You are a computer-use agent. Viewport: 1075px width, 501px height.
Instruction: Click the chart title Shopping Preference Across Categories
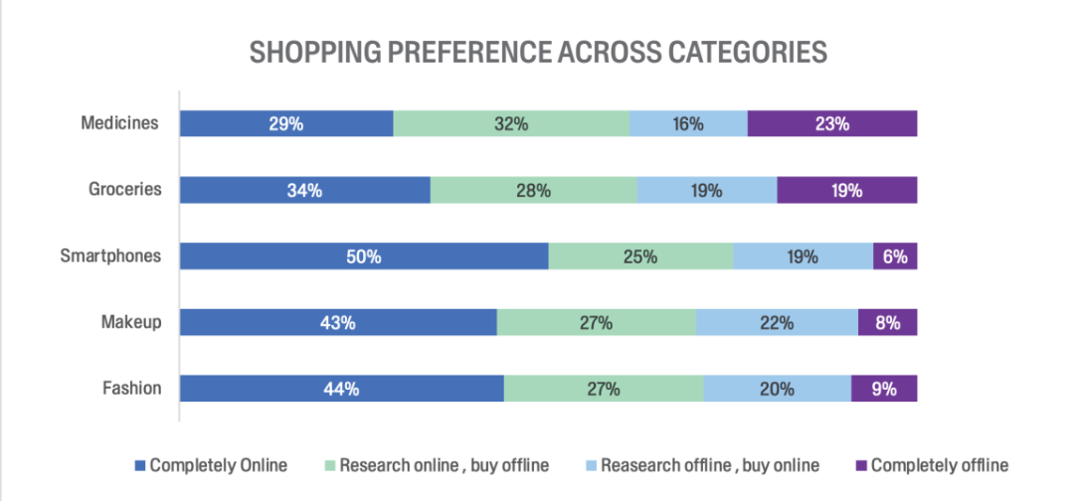[538, 53]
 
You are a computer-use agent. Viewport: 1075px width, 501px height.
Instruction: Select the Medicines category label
[120, 123]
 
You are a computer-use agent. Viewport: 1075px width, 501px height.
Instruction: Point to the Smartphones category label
[109, 255]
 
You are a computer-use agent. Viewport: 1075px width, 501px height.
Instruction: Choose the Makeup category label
[130, 322]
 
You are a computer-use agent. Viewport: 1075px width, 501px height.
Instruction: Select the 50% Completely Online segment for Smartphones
[364, 255]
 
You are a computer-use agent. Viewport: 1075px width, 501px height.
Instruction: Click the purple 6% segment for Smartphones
[895, 255]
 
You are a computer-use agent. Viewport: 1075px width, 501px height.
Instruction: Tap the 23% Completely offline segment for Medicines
[831, 123]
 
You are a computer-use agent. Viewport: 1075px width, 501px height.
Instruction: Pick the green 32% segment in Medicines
[511, 123]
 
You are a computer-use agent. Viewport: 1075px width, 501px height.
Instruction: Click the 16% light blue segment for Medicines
[688, 123]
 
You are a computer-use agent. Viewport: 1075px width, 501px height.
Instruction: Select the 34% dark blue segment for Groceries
[304, 189]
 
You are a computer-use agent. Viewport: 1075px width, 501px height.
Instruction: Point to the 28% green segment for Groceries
[533, 189]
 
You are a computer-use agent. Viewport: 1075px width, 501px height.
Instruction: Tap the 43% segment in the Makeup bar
[338, 322]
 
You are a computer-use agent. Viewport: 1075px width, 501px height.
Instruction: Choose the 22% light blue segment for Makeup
[777, 322]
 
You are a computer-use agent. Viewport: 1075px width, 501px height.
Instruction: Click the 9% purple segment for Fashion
[884, 389]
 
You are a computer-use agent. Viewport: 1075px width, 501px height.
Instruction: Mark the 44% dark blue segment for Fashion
[341, 389]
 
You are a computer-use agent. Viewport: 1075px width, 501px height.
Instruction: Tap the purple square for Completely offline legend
[861, 465]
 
